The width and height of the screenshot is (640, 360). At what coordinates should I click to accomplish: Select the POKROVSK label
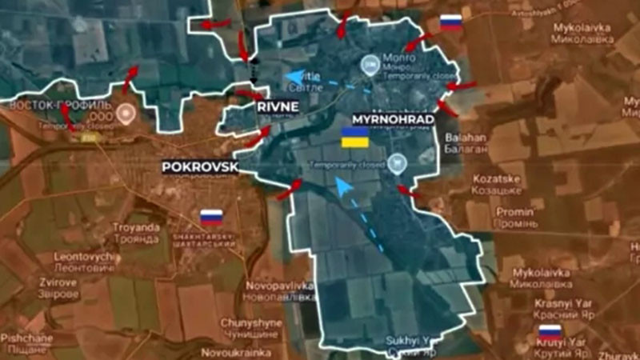[199, 166]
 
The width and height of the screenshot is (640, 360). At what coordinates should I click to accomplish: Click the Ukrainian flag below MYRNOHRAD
[355, 137]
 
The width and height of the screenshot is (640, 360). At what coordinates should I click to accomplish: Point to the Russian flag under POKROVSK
[211, 217]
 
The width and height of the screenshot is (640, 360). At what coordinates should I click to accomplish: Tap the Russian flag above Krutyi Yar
[550, 330]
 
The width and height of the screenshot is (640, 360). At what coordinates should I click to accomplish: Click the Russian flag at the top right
[451, 22]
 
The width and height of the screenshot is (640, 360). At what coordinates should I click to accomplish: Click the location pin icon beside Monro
[370, 64]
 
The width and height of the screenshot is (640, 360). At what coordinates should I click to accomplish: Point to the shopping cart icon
[398, 163]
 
